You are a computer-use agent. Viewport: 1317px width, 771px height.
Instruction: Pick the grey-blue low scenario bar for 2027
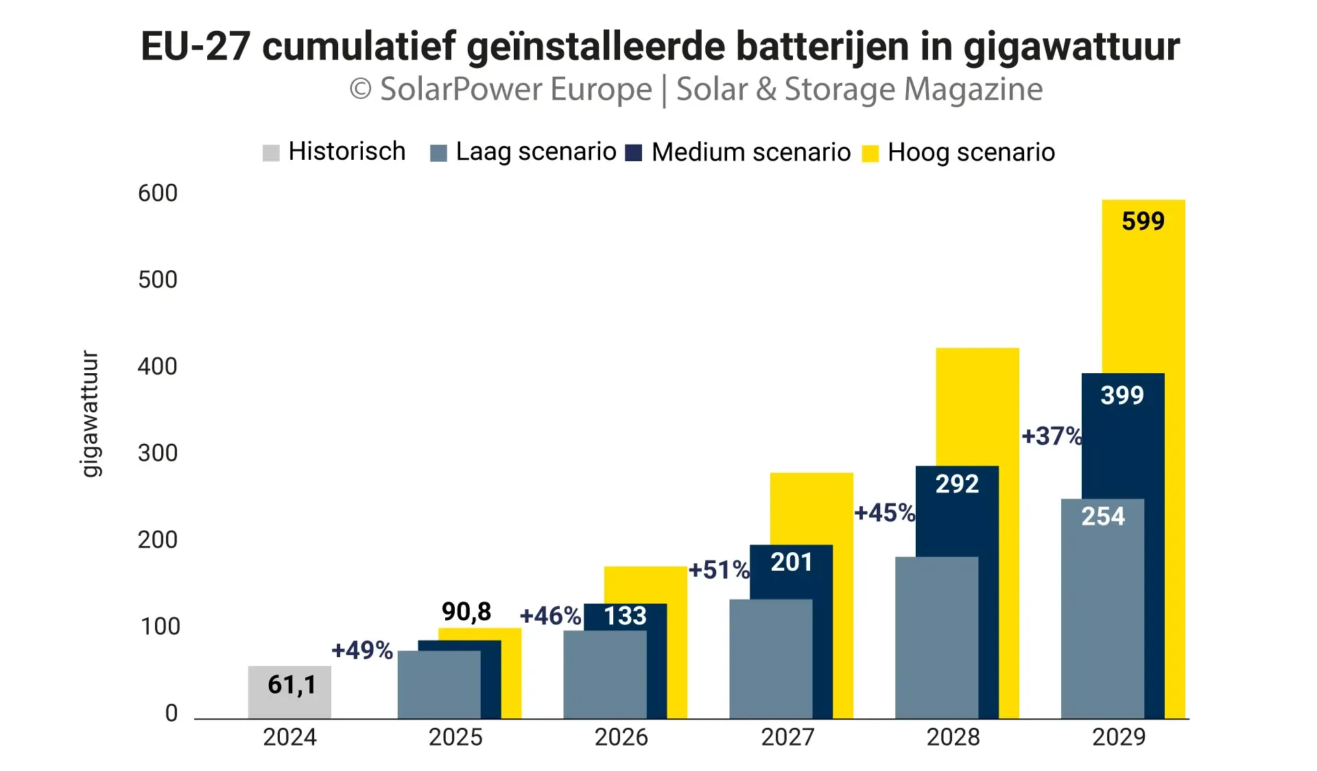tap(770, 659)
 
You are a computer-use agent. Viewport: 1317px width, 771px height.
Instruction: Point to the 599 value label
tap(1143, 222)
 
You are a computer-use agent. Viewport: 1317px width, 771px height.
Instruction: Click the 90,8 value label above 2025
tap(466, 611)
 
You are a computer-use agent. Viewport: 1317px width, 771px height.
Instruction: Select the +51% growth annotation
tap(719, 570)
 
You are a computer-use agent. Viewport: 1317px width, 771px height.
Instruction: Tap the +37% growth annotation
tap(1052, 436)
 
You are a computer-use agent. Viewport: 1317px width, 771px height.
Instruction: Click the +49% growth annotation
tap(362, 650)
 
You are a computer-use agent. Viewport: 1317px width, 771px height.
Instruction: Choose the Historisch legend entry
tap(334, 152)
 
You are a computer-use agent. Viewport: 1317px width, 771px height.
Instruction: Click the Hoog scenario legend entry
tap(959, 152)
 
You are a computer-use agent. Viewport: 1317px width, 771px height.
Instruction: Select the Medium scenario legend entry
tap(739, 152)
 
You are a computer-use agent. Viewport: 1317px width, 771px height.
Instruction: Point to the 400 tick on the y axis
tap(157, 367)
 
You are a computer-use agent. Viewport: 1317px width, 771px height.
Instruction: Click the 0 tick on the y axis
tap(171, 713)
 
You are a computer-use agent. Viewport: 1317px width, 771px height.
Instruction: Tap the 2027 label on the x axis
tap(787, 737)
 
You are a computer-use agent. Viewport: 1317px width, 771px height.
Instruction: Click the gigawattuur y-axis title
tap(90, 414)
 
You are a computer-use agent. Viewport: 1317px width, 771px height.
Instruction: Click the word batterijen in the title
tap(844, 47)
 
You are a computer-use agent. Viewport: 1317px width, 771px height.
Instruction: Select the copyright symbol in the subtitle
tap(361, 89)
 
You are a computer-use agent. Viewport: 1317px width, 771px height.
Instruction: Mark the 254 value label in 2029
tap(1103, 517)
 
